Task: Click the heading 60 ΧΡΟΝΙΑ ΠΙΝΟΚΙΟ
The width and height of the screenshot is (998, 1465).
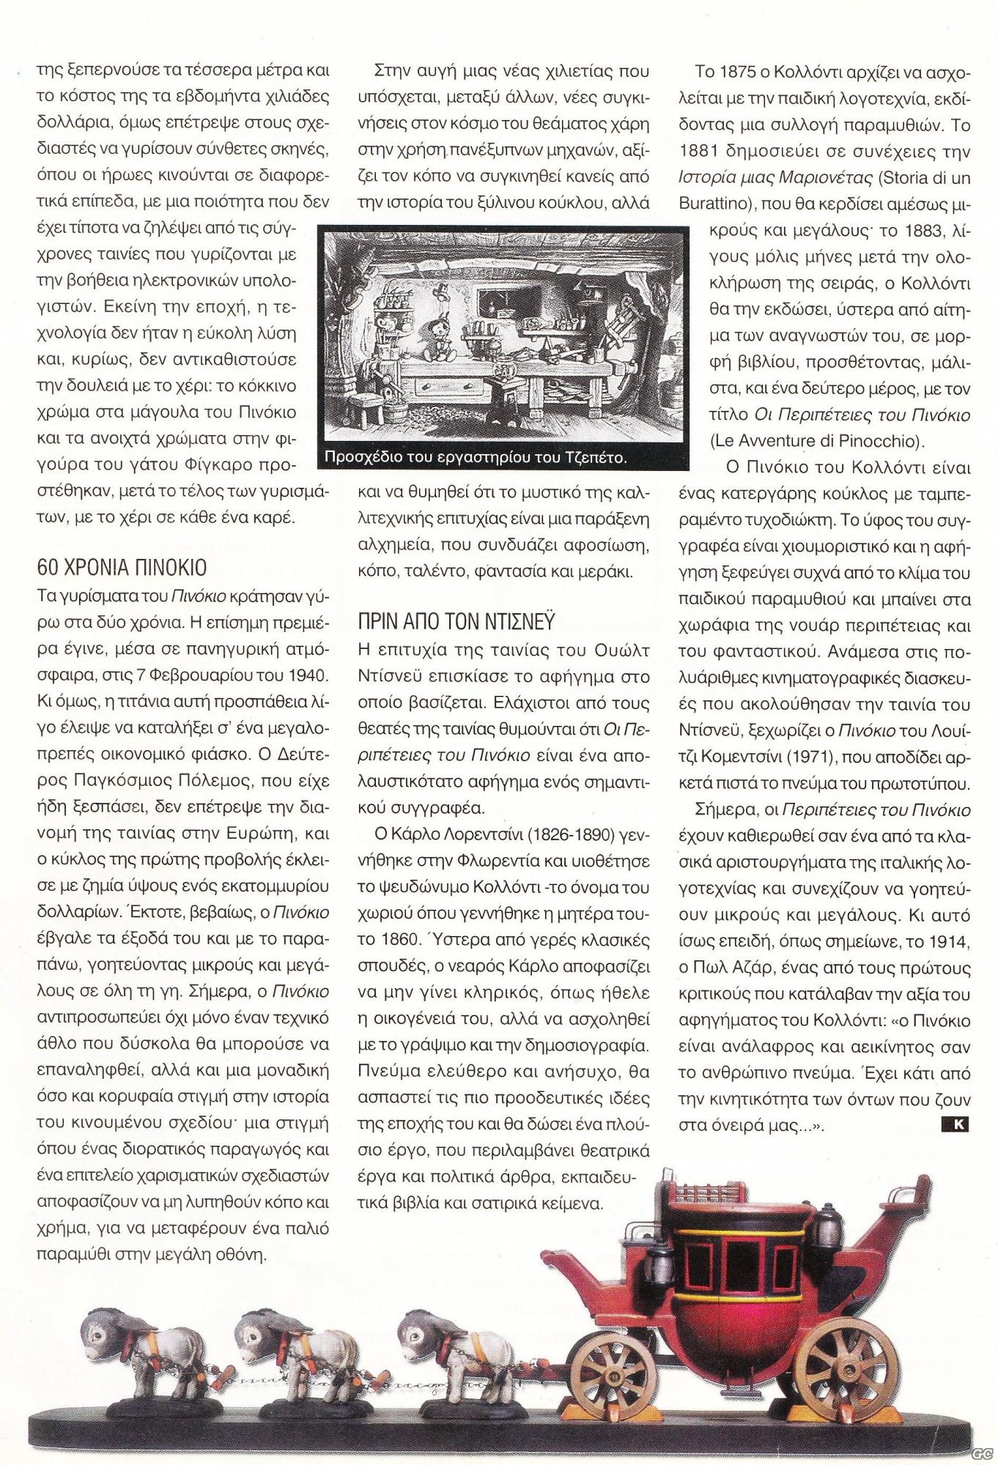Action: pyautogui.click(x=122, y=567)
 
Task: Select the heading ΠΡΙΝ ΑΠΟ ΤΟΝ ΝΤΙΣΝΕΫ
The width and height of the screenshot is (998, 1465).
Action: pyautogui.click(x=456, y=621)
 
